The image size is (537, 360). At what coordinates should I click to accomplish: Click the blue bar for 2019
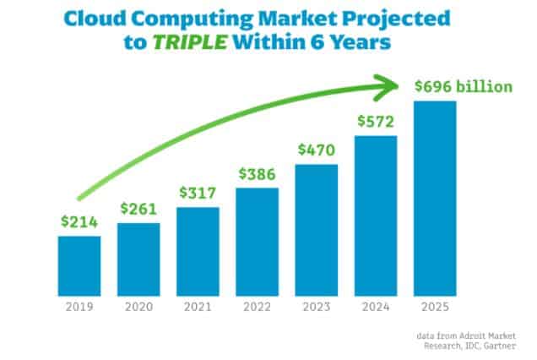click(79, 264)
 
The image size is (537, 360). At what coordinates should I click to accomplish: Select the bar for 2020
click(138, 257)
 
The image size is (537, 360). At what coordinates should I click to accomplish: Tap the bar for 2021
click(198, 249)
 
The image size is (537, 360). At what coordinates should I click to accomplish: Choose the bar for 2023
click(317, 228)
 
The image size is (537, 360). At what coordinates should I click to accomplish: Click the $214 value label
click(79, 223)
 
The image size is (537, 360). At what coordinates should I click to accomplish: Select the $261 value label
click(138, 209)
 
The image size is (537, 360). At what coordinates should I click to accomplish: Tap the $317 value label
click(198, 193)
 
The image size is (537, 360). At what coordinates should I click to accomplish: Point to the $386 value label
click(258, 174)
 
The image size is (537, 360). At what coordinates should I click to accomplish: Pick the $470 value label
click(317, 151)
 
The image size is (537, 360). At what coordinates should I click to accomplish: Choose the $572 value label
click(376, 122)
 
